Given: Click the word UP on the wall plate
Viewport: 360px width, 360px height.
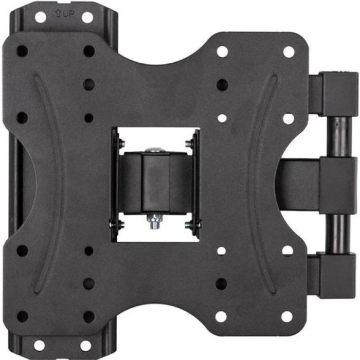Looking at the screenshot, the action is (68, 14).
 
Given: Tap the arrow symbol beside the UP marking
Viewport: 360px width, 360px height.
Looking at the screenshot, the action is (58, 13).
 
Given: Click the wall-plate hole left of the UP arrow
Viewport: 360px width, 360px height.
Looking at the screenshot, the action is (41, 17).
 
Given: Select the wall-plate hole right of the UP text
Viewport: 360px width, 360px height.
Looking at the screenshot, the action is (87, 17).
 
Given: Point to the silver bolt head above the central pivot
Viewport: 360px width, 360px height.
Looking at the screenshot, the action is (155, 150).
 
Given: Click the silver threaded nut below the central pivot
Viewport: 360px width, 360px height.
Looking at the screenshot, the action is (155, 221).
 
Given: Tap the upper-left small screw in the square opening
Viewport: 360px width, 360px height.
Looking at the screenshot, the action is (121, 143).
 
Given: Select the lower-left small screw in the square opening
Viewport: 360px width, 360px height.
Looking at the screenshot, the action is (121, 224).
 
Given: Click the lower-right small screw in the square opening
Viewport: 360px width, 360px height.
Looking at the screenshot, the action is (189, 224).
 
